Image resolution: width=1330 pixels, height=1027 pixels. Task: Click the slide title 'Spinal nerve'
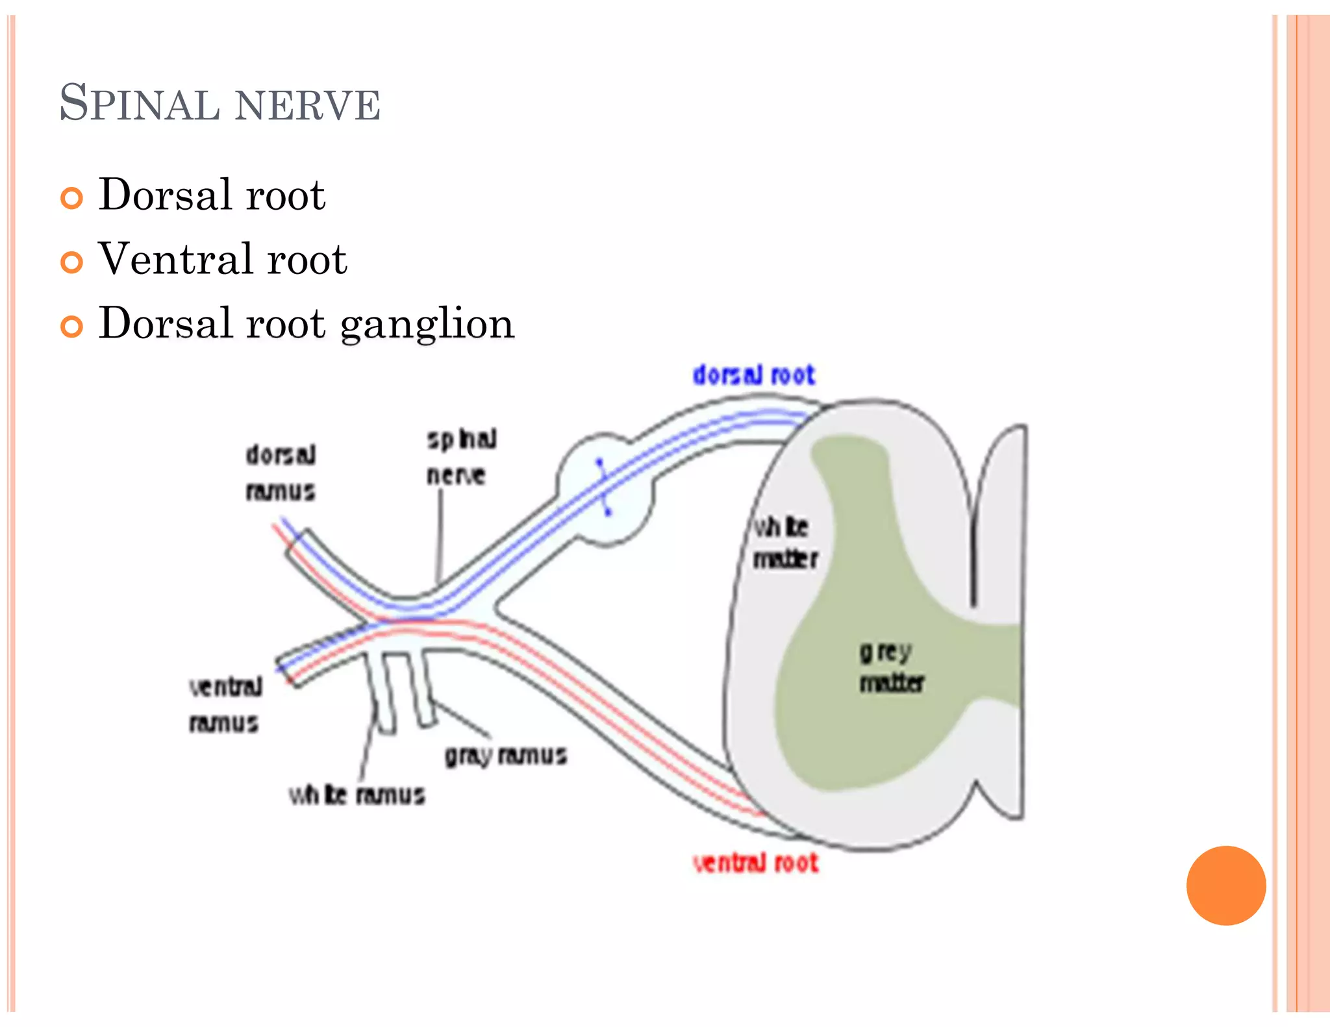pyautogui.click(x=220, y=103)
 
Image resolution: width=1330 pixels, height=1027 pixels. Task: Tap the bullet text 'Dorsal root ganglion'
pyautogui.click(x=306, y=323)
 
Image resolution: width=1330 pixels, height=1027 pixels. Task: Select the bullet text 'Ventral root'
pyautogui.click(x=222, y=258)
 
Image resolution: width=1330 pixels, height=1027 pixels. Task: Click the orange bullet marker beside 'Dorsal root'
pyautogui.click(x=71, y=198)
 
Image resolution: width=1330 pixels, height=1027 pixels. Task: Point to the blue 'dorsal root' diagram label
pyautogui.click(x=753, y=375)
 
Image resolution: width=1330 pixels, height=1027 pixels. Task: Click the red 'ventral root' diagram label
pyautogui.click(x=755, y=863)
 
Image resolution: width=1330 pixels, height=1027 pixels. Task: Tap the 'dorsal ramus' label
pyautogui.click(x=281, y=473)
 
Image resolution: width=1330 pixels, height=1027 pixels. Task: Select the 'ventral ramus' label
pyautogui.click(x=225, y=704)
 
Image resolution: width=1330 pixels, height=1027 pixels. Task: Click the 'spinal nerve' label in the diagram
pyautogui.click(x=460, y=457)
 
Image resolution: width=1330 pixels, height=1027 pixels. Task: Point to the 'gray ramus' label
pyautogui.click(x=505, y=756)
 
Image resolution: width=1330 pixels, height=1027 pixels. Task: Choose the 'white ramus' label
pyautogui.click(x=357, y=795)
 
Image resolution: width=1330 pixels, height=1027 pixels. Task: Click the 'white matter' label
pyautogui.click(x=784, y=543)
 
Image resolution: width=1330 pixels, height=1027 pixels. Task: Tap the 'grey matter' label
pyautogui.click(x=890, y=667)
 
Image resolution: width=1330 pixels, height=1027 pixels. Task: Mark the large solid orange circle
pyautogui.click(x=1225, y=885)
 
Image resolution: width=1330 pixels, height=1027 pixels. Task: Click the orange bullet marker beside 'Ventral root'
pyautogui.click(x=71, y=262)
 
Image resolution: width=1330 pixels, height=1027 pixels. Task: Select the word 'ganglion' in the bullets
pyautogui.click(x=427, y=323)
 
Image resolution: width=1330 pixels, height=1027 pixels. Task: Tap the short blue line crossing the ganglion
pyautogui.click(x=603, y=487)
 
